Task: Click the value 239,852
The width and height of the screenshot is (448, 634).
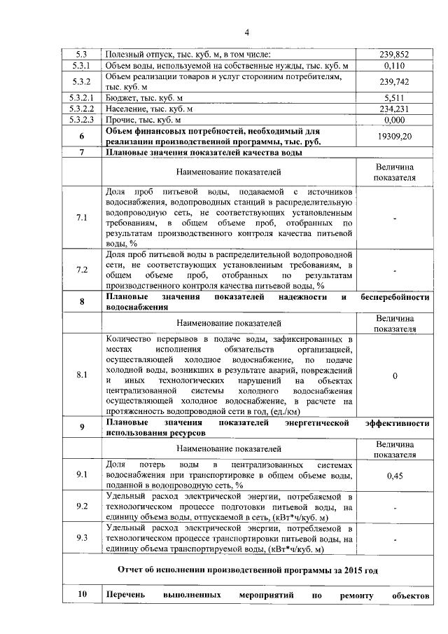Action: point(395,54)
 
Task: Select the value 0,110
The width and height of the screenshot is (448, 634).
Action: point(395,65)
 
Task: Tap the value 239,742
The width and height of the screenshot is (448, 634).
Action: point(395,81)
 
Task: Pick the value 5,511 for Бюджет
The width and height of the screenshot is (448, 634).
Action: point(395,98)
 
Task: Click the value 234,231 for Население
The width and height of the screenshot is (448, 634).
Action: point(395,109)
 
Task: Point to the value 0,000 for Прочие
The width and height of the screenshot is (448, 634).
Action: point(395,120)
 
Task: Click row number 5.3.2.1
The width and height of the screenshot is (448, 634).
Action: point(82,98)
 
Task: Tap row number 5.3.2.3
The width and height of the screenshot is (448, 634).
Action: point(82,120)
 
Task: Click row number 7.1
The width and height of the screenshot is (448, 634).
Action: point(82,218)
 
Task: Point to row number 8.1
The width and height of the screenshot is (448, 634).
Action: point(82,375)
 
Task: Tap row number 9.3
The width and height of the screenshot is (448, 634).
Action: point(82,538)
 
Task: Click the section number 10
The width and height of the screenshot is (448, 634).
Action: point(82,595)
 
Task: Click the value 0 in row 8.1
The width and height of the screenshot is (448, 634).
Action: point(395,376)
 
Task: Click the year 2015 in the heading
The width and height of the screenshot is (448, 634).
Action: point(363,570)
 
